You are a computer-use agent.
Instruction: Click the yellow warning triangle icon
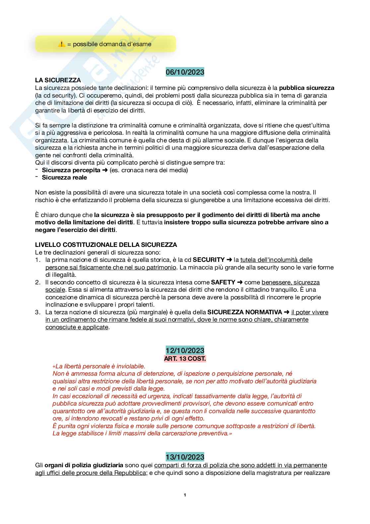click(x=62, y=44)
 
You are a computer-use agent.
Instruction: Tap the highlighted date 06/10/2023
click(x=185, y=72)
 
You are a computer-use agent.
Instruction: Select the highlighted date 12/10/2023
click(x=185, y=350)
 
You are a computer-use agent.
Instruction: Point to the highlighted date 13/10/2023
click(x=185, y=457)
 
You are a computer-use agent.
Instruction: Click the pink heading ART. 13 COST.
click(x=185, y=358)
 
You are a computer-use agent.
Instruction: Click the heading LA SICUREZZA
click(x=58, y=80)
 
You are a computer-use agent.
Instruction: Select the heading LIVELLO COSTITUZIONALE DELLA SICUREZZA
click(x=106, y=245)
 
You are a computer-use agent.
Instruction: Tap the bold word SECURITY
click(x=209, y=260)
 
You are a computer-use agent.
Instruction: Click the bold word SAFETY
click(x=223, y=282)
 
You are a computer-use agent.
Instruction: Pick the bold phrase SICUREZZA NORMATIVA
click(x=245, y=312)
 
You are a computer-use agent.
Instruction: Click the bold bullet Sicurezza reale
click(x=64, y=178)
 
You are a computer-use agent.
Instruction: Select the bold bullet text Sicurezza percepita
click(x=71, y=170)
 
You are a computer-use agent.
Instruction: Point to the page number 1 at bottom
click(x=185, y=495)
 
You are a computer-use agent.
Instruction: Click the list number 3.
click(x=37, y=312)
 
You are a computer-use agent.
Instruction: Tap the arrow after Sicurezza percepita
click(x=105, y=170)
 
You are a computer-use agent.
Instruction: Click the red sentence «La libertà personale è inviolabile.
click(x=99, y=366)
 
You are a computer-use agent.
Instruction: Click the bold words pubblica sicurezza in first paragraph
click(x=307, y=88)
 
